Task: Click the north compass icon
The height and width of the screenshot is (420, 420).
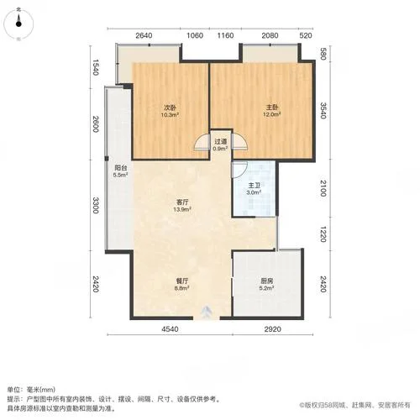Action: point(18,24)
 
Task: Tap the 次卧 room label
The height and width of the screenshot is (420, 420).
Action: point(171,108)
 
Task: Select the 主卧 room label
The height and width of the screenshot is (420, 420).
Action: point(272,108)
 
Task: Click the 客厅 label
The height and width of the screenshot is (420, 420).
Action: point(182,202)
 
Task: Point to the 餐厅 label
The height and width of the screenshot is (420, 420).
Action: point(181,281)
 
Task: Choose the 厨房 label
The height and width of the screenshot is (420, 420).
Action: point(266,281)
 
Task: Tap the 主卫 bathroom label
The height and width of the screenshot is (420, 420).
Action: point(254,186)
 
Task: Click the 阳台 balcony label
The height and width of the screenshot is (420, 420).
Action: point(120,168)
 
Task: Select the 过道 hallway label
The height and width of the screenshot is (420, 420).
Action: point(220,142)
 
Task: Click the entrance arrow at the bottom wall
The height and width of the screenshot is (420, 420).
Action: point(207,310)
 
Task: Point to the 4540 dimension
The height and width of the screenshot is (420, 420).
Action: point(170,329)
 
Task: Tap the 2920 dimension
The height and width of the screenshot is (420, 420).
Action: point(273,329)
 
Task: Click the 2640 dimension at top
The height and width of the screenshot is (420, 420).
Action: point(144,35)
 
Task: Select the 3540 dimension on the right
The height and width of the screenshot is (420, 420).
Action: point(323,111)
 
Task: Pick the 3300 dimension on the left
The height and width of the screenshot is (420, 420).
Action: point(96,205)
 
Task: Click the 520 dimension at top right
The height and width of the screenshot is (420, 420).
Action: point(306,35)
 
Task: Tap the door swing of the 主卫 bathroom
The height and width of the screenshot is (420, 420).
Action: point(239,170)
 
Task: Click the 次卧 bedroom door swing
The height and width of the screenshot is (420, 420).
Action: point(202,142)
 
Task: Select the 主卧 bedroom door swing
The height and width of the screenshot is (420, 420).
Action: point(239,142)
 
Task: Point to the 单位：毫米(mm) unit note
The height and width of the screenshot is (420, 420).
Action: point(31,390)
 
